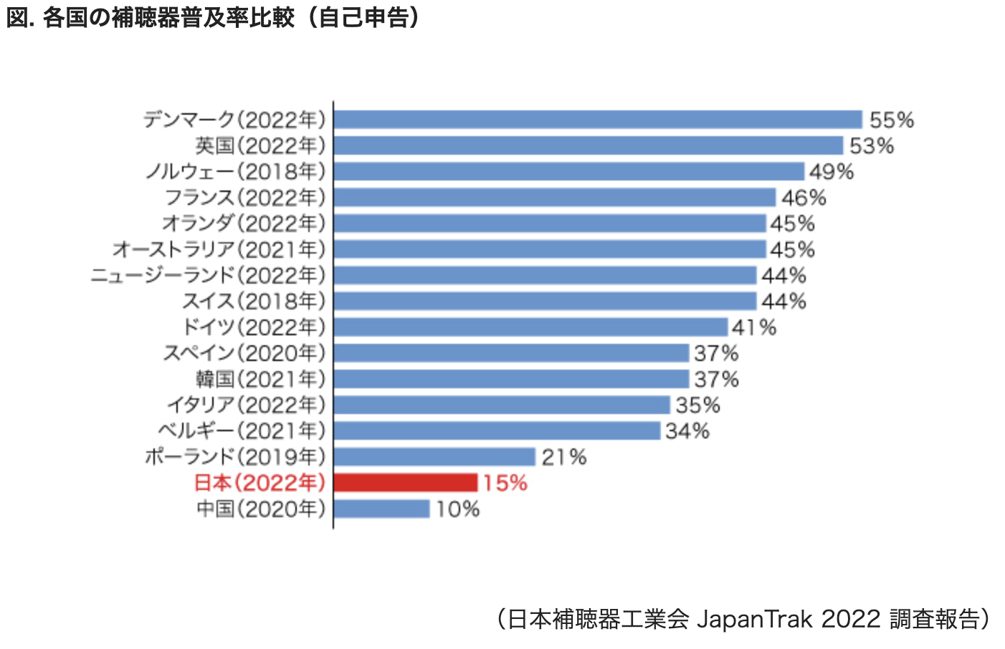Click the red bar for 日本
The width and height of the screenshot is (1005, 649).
406,482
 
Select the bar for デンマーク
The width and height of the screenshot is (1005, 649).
598,119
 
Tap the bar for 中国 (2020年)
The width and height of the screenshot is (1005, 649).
381,509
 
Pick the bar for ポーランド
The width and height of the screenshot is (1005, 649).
434,456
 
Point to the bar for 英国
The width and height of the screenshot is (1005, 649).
588,145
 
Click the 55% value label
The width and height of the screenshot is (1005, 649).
891,120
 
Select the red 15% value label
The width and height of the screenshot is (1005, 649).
505,483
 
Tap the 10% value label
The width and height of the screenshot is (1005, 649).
457,509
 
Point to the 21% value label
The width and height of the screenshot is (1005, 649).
563,457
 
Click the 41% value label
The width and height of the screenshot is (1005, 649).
753,327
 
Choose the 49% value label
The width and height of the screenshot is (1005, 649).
831,172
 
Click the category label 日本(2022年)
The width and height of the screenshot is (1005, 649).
259,483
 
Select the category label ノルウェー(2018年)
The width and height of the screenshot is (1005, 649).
235,172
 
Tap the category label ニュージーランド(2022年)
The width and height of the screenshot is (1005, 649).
208,275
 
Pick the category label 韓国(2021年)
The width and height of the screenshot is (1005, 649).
260,379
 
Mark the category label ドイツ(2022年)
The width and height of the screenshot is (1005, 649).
254,327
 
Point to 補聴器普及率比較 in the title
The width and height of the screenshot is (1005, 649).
202,17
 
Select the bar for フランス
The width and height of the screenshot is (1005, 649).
554,197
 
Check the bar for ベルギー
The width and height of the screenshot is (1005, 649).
497,431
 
